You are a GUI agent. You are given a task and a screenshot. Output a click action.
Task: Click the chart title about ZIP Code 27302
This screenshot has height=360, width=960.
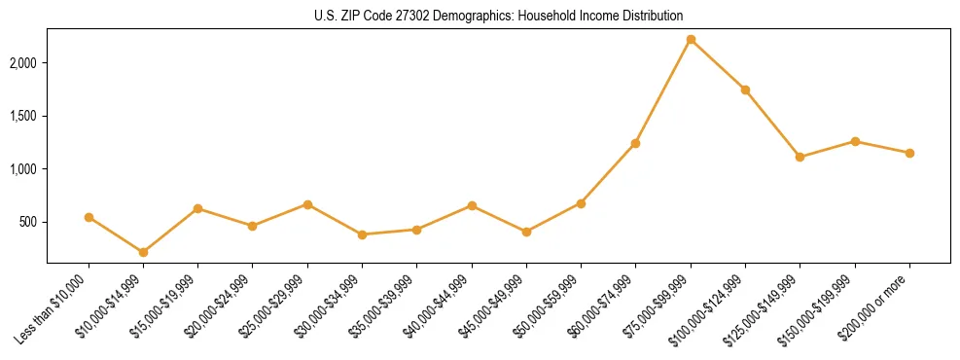point(498,16)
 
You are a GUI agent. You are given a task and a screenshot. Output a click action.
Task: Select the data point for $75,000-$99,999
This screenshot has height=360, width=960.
point(691,39)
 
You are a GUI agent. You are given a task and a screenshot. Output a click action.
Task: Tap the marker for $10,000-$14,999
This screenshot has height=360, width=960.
point(143,252)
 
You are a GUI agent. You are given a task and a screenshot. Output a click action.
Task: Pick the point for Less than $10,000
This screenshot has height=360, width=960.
point(89,217)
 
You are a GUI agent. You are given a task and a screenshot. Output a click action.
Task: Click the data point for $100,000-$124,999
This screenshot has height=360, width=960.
point(745,90)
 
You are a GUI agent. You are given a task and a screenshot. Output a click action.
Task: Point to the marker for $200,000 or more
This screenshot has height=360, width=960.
point(909,153)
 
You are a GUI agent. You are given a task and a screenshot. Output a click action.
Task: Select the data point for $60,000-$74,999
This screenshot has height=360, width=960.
point(635,143)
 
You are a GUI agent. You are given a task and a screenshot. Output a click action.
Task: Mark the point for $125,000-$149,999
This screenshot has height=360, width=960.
point(800,157)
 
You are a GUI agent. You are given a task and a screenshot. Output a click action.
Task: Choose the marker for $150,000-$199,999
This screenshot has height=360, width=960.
point(855,141)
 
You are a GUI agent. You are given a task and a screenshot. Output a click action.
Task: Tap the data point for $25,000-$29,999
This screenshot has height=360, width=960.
point(307,204)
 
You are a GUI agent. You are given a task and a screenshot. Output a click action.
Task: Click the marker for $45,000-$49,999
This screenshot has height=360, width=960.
point(526,232)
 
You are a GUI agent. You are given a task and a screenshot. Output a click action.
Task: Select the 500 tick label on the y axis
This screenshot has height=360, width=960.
point(29,222)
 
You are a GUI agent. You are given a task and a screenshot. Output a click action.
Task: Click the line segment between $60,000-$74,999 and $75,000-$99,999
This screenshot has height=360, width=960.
point(663,90)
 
